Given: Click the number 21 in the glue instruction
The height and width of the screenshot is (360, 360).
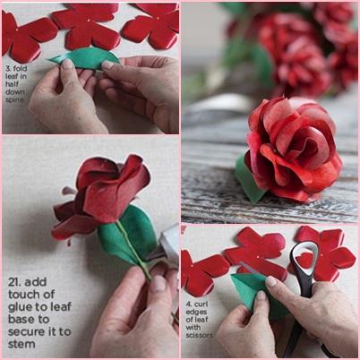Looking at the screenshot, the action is tap(14, 282).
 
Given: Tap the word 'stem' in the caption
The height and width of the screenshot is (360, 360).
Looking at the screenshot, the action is tap(21, 344).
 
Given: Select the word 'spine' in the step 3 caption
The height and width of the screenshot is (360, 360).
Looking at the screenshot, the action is tap(14, 99).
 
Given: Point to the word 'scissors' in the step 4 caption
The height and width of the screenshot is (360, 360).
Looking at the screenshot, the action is tap(200, 335).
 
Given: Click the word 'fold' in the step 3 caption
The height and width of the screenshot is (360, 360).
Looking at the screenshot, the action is tap(21, 68).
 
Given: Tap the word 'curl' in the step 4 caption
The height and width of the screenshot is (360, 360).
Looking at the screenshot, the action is tap(201, 304).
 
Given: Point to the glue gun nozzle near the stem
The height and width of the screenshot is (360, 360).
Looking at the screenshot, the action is tap(156, 254).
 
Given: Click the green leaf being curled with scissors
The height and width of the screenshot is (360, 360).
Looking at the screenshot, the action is tap(253, 294).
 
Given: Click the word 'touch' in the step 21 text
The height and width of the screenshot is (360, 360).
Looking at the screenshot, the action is tap(23, 295).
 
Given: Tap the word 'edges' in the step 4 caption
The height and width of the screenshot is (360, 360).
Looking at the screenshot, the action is tap(197, 312).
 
